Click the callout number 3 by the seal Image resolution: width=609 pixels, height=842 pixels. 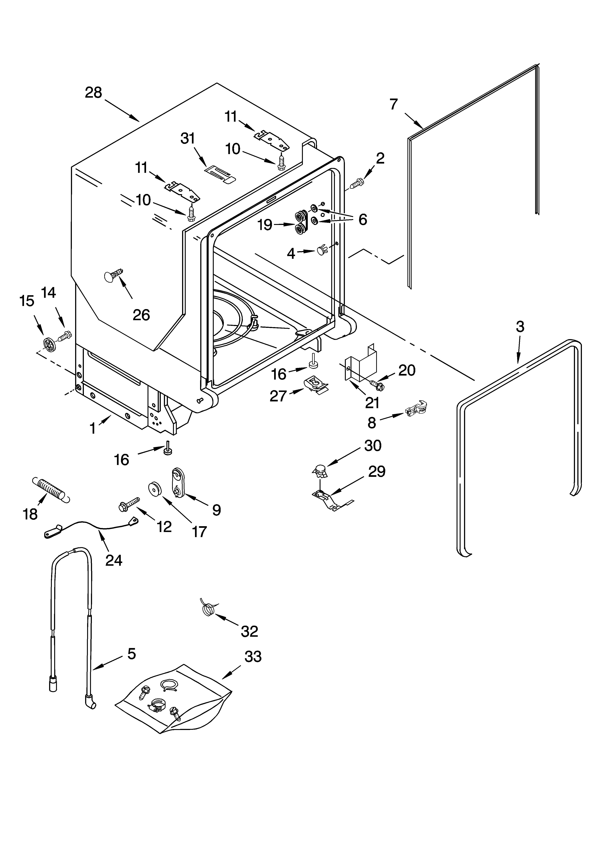(520, 327)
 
